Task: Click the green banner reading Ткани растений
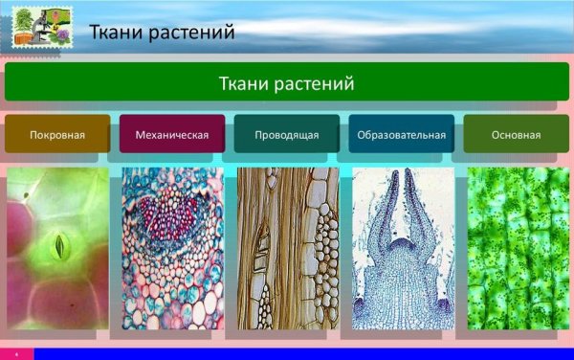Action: [x=287, y=82]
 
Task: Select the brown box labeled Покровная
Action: [x=57, y=134]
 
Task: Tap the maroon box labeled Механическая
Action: [x=172, y=134]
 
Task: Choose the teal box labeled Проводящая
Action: [x=287, y=134]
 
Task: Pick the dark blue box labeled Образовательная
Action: [x=402, y=134]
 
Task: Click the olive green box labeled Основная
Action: [x=517, y=134]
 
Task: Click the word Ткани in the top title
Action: [x=115, y=34]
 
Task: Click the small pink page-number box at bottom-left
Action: [x=16, y=353]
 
